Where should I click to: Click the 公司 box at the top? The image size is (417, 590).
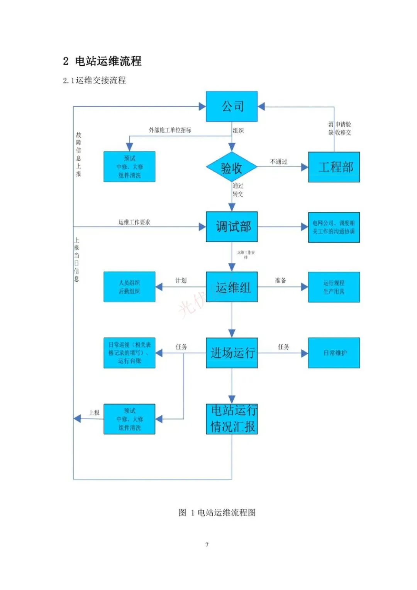coord(232,106)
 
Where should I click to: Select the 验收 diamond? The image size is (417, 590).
coord(232,168)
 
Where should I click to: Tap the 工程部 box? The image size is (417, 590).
coord(334,167)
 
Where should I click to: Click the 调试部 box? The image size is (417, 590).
coord(232,227)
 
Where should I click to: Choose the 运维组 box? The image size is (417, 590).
coord(232,287)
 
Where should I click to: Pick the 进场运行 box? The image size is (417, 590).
coord(232,353)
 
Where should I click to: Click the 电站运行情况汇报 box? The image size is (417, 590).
coord(232,419)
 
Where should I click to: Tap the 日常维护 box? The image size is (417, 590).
coord(334,353)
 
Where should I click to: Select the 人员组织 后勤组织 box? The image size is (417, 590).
coord(129,287)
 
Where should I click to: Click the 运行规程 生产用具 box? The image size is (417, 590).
coord(334,287)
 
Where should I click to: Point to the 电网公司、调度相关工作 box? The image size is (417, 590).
coord(334,227)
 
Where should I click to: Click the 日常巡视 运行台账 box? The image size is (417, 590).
coord(129,353)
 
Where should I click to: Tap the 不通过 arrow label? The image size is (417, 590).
coord(279,162)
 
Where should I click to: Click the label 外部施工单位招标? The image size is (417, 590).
coord(170,130)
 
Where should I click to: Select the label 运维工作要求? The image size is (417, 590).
coord(134,222)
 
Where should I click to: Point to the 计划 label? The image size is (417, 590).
coord(181,281)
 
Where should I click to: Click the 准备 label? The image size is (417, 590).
coord(281,281)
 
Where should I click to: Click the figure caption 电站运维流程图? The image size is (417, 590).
coord(217,513)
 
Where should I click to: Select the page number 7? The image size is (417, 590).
coord(207,545)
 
